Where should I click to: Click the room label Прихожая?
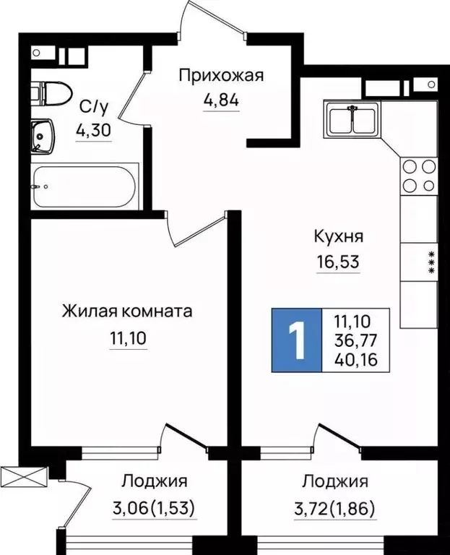point(221,75)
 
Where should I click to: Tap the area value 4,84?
point(221,98)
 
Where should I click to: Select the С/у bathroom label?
point(93,108)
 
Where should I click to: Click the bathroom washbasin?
point(44,135)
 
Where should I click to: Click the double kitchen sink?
point(352,120)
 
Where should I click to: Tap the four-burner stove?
point(419,173)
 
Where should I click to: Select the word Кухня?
point(338,236)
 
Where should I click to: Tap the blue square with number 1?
point(295,340)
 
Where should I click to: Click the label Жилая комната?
point(127,311)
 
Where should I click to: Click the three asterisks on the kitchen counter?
point(431,262)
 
